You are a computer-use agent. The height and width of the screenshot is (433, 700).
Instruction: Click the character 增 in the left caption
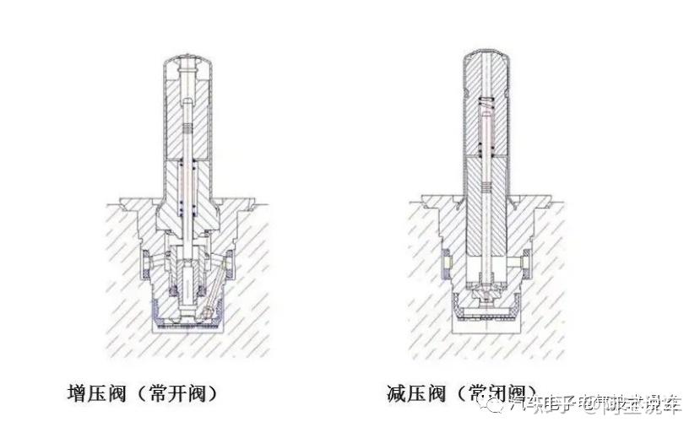tap(77, 393)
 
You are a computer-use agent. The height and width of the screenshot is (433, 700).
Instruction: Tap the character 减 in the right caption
tap(398, 393)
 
